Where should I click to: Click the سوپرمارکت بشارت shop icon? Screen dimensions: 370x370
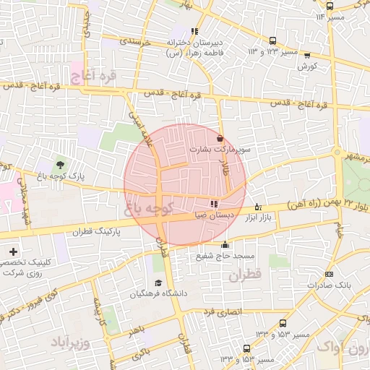point(220,137)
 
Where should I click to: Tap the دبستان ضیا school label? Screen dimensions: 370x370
point(214,215)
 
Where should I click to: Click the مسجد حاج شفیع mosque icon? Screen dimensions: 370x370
point(225,244)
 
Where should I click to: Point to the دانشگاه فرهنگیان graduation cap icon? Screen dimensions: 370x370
point(158,283)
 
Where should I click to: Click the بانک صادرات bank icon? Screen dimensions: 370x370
point(330,275)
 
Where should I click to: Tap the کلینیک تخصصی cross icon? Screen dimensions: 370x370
point(14,250)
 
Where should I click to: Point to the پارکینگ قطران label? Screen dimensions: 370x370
point(92,233)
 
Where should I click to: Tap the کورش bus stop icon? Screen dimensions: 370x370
point(308,55)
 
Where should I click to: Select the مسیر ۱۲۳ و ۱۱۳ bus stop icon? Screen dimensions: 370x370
point(272,41)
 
